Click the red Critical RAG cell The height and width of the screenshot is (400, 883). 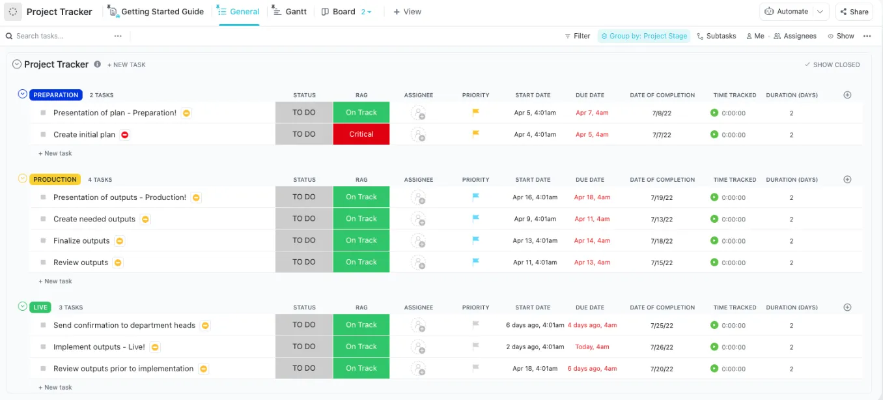[361, 134]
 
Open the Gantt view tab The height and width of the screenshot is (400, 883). [289, 12]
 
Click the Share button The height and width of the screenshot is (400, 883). [854, 12]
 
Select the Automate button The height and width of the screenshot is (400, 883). [787, 12]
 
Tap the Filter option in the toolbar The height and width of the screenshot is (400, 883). [578, 36]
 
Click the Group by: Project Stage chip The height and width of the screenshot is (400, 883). [644, 36]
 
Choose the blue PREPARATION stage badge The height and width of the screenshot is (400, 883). [56, 94]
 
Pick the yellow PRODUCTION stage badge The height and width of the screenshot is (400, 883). [55, 180]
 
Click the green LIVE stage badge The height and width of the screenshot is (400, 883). [40, 307]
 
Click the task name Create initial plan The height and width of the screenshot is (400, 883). [85, 134]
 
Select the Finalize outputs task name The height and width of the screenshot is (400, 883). [81, 240]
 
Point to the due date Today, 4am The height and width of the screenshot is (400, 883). [592, 347]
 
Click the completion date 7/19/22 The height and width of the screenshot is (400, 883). [662, 197]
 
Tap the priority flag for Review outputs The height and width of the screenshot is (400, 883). [476, 261]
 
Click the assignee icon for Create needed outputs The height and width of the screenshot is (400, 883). [418, 219]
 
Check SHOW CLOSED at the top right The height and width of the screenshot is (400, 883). [832, 64]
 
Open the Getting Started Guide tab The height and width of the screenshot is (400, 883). [156, 12]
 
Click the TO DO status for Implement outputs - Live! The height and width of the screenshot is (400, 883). [304, 347]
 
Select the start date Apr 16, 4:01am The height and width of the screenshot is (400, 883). [535, 197]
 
